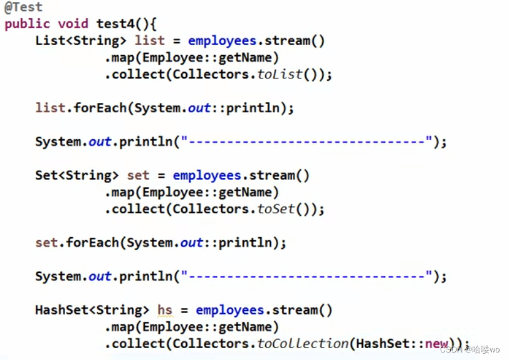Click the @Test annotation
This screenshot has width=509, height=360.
(x=23, y=8)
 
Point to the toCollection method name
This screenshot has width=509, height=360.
(x=303, y=344)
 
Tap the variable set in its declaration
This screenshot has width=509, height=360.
(x=139, y=176)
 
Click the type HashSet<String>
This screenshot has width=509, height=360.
(x=92, y=310)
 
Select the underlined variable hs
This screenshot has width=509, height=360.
(x=165, y=310)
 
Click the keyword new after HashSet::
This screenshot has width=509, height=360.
(x=437, y=344)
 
